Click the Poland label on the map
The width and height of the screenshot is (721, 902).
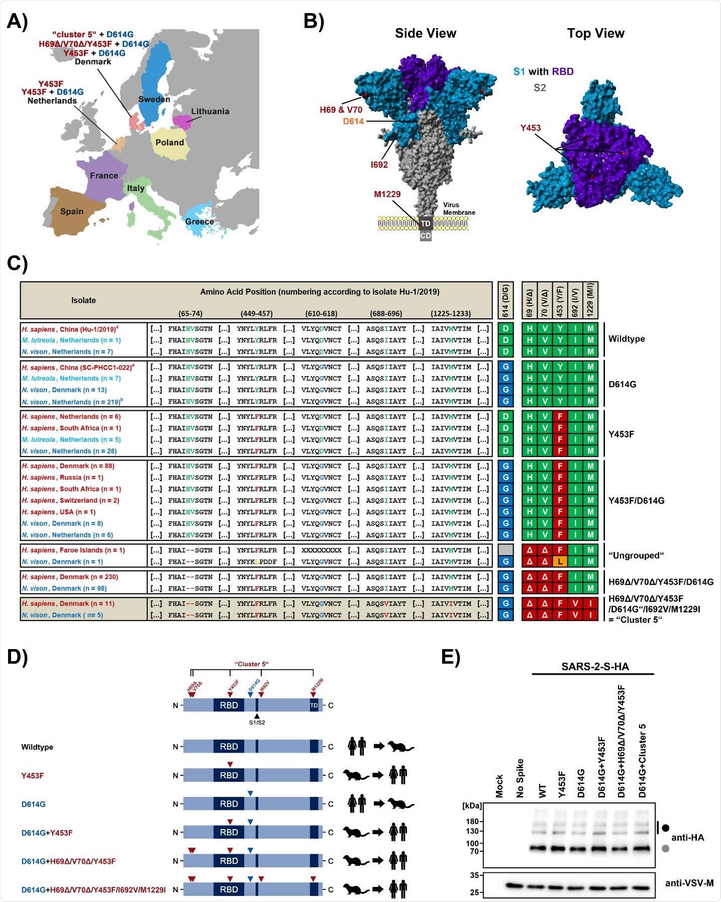coord(169,142)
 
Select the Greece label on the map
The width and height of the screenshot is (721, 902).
coord(199,221)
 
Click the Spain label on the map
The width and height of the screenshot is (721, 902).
coord(72,211)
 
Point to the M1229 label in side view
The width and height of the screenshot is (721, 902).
coord(387,194)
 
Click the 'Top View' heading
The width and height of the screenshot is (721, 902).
coord(595,33)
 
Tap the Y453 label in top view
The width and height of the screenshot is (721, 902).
coord(531,128)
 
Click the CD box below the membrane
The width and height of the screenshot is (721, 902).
coord(426,235)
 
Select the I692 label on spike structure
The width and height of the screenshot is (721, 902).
coord(379,164)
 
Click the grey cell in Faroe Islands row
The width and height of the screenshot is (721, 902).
coord(505,550)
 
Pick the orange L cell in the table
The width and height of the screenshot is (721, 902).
coord(560,562)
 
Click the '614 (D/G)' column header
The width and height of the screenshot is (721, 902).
coord(505,301)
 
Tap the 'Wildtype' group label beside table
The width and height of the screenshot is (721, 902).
coord(626,339)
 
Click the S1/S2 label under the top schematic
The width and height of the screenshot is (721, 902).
coord(257,723)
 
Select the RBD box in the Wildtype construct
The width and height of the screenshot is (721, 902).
coord(229,747)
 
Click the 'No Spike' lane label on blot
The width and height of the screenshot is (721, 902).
coord(520,778)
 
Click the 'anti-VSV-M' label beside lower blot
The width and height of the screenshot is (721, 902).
coord(689,883)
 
